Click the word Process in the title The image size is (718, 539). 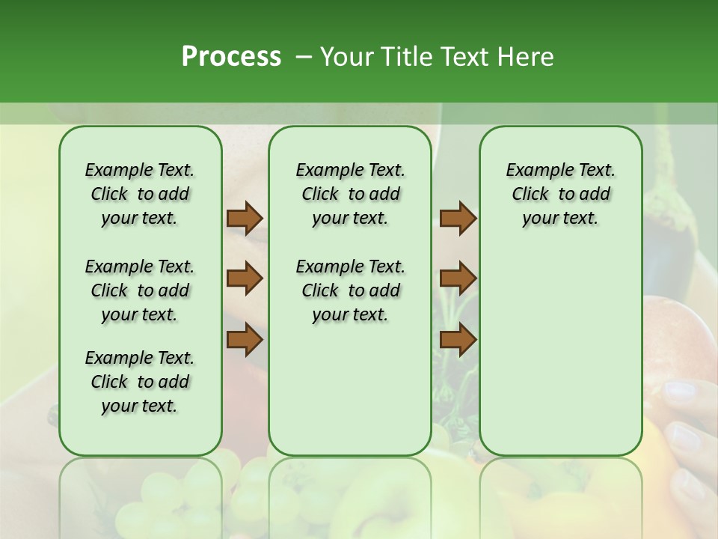231,57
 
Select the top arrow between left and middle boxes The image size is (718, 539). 245,218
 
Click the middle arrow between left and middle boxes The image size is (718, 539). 245,278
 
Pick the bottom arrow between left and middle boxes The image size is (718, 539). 245,340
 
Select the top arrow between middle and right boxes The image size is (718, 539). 458,218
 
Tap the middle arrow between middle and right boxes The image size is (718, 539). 458,278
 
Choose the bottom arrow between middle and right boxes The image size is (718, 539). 458,340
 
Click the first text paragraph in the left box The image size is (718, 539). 140,194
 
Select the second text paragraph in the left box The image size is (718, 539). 140,290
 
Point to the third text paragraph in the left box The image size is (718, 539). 140,382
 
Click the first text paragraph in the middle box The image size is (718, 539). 350,194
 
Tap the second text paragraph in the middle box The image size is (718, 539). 350,290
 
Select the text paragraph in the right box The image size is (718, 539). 560,194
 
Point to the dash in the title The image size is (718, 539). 303,58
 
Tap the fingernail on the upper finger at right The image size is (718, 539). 679,390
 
